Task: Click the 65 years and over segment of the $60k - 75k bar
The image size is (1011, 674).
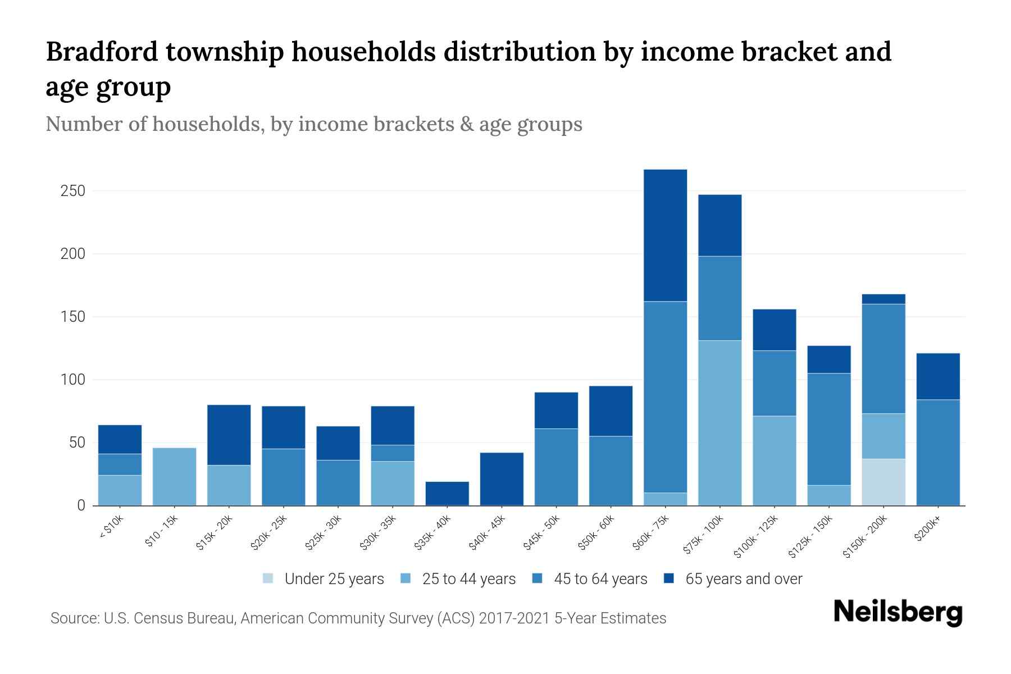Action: point(665,235)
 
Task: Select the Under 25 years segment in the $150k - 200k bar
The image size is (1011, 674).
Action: point(883,482)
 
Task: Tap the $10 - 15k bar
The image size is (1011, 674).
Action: point(174,476)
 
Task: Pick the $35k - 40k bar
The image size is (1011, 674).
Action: point(447,493)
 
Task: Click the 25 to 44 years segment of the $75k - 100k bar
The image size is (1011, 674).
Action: point(719,422)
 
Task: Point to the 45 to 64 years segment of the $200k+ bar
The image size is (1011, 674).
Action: point(937,452)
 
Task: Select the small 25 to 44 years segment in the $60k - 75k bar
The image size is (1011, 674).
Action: point(665,499)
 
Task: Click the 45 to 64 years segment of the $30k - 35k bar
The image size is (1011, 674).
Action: point(393,453)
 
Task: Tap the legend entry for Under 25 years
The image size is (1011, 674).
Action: point(324,579)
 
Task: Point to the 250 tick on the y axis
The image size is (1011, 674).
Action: point(72,191)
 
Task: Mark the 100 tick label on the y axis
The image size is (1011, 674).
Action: point(72,380)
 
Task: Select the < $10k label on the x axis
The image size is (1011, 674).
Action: point(111,528)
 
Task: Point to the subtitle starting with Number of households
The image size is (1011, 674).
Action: point(313,124)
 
